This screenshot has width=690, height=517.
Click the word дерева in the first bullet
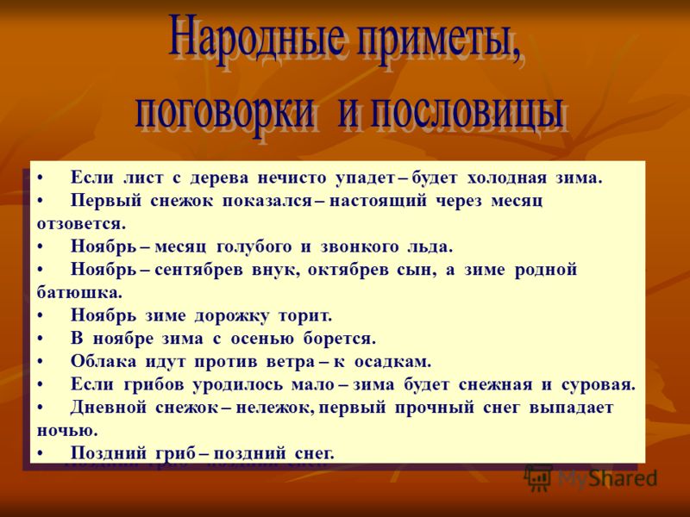point(219,178)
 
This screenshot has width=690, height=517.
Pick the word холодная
point(506,178)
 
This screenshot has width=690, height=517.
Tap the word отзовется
point(81,224)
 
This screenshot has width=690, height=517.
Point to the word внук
point(276,270)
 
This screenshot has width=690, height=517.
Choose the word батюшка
point(79,293)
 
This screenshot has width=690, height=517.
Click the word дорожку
point(231,316)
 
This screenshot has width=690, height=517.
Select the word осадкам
point(393,362)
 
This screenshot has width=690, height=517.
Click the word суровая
point(599,385)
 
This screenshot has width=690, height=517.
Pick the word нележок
point(275,408)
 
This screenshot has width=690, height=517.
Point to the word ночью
point(67,431)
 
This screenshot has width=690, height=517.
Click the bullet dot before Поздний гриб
point(40,453)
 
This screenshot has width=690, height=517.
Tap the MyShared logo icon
point(538,477)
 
